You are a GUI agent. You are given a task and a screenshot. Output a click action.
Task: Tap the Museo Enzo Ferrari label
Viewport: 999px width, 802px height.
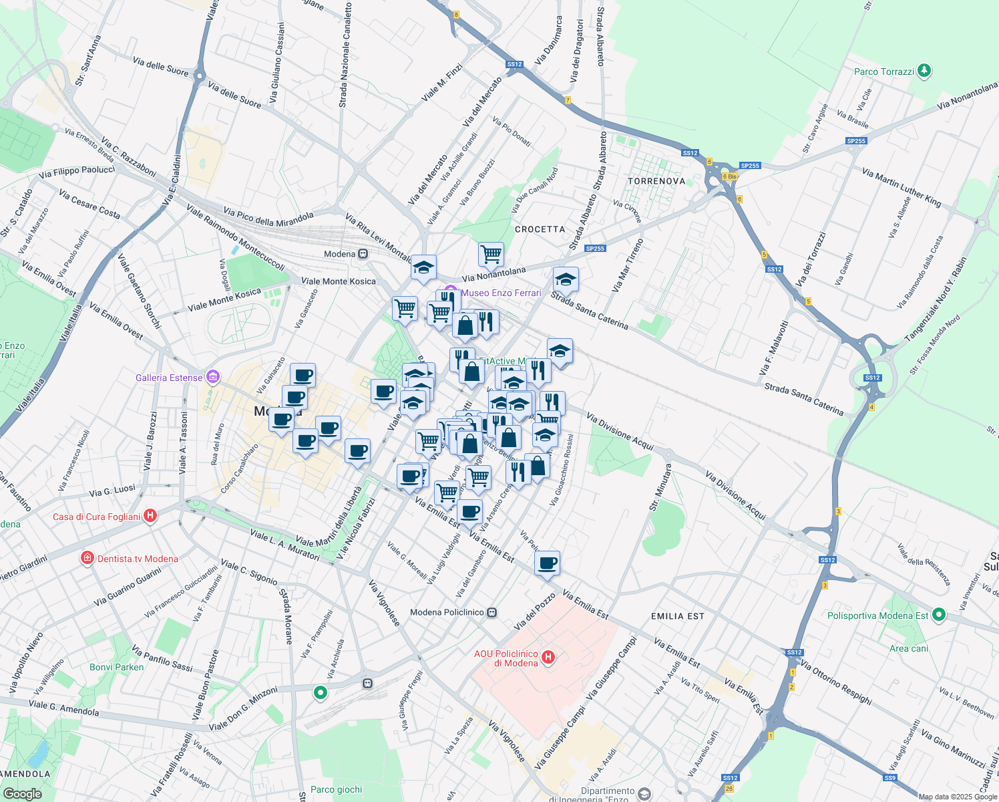501,293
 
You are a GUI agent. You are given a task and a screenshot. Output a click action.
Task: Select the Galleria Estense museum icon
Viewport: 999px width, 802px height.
213,378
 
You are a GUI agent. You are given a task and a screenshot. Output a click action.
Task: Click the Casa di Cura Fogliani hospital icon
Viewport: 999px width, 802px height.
150,516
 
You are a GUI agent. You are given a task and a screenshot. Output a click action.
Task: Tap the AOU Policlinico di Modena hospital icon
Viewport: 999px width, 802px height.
548,658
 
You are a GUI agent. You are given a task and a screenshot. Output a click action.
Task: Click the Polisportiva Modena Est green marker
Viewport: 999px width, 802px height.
939,615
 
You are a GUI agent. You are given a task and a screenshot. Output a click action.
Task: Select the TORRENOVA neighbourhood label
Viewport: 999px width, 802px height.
656,181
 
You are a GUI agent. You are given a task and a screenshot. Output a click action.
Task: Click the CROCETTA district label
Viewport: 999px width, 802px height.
540,229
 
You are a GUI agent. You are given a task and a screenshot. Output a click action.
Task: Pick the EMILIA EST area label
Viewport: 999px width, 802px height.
677,616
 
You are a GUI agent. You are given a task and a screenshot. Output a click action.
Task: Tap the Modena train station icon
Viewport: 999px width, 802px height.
363,254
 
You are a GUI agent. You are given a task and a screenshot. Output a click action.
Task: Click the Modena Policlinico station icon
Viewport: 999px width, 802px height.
492,612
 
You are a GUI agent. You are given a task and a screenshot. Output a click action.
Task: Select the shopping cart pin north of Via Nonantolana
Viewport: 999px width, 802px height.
491,254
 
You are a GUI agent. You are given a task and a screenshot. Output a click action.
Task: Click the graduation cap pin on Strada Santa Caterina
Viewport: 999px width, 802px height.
566,279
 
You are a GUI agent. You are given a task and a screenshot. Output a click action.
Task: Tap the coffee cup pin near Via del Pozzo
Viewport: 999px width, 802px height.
547,563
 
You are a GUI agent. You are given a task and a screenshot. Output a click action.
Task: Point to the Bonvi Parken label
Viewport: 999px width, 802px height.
117,667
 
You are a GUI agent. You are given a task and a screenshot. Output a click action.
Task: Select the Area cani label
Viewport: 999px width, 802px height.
909,648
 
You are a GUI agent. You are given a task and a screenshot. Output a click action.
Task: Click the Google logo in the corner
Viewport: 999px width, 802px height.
22,793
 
